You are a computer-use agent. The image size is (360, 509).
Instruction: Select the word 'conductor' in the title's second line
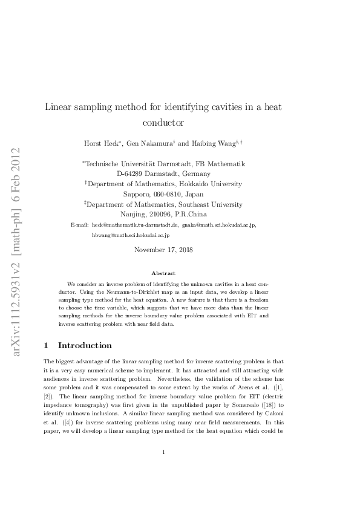click(163, 122)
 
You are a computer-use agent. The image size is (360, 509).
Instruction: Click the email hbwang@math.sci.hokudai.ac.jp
click(131, 235)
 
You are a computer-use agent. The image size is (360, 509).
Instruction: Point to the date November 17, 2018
click(163, 250)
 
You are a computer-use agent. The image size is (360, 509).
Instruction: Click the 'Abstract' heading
click(163, 273)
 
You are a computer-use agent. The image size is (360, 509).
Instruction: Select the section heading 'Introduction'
click(85, 346)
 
